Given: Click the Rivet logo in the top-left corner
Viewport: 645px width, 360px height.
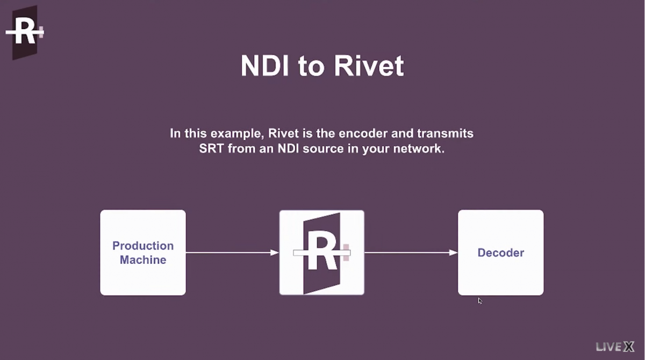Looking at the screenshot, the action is coord(25,32).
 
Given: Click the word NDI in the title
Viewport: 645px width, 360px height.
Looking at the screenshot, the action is coord(264,66).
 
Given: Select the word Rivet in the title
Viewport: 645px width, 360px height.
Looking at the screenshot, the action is coord(369,66).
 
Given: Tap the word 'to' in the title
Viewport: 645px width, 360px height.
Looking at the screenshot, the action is coord(311,67).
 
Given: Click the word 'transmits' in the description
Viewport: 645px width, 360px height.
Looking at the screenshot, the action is coord(445,133).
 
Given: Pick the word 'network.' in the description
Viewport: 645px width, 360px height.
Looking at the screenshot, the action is coord(419,148).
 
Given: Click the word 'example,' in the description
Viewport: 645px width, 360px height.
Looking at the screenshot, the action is coord(237,134).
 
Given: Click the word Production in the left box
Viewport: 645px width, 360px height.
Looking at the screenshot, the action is coord(143,246).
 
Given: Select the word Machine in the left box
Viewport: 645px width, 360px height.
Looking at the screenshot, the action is coord(143,260).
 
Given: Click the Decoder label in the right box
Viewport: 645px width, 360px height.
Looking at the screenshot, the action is coord(501,253).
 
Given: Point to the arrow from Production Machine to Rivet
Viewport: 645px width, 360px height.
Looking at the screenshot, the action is coord(232,253).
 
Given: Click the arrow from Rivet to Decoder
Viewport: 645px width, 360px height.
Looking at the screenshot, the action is coord(411,253).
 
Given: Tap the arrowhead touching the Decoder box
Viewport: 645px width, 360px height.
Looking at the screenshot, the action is coord(453,253).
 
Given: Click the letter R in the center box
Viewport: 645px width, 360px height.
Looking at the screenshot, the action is coord(322,250).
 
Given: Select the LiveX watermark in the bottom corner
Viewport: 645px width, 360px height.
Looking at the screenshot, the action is coord(615,347).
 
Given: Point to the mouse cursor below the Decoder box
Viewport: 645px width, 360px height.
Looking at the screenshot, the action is coord(480,301).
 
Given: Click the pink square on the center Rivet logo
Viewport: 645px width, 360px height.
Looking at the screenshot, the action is coord(346,253).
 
